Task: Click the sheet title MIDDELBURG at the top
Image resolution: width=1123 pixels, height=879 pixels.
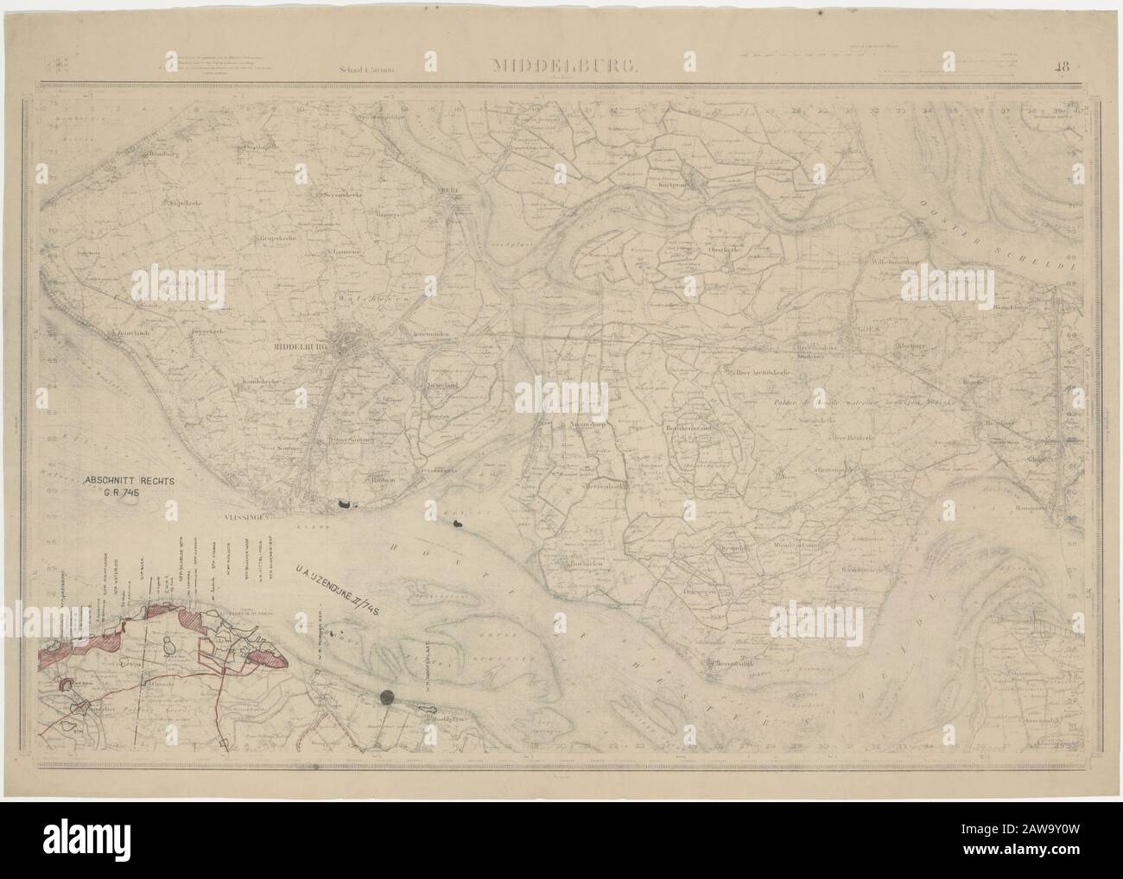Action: [566, 65]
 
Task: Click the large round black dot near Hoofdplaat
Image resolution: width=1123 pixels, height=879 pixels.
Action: [388, 697]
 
